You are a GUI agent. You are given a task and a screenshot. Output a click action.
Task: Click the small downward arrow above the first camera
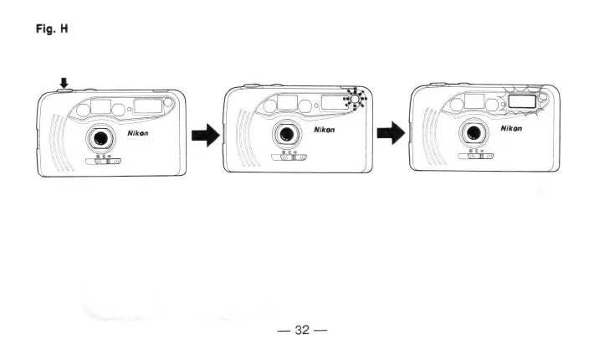pyautogui.click(x=64, y=82)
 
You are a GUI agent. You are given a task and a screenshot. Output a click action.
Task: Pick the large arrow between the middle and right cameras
pyautogui.click(x=392, y=134)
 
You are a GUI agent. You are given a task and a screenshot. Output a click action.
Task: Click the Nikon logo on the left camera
pyautogui.click(x=140, y=132)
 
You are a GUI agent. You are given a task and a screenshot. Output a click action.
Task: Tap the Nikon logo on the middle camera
pyautogui.click(x=325, y=131)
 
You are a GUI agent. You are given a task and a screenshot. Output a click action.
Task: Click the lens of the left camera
pyautogui.click(x=102, y=136)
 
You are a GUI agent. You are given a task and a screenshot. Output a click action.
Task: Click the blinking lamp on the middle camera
pyautogui.click(x=356, y=100)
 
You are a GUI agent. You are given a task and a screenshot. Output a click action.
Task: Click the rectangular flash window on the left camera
pyautogui.click(x=149, y=105)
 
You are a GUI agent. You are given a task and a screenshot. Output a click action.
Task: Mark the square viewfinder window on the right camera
pyautogui.click(x=474, y=101)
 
